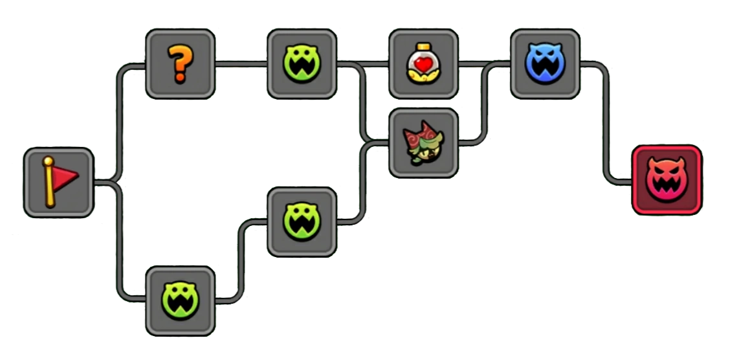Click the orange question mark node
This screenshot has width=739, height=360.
tap(180, 64)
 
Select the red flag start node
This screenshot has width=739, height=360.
tap(58, 182)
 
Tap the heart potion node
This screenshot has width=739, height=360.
tap(423, 64)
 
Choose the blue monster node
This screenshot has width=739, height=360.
tap(545, 64)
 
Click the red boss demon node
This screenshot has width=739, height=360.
tap(667, 180)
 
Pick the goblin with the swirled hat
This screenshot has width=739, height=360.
tap(423, 143)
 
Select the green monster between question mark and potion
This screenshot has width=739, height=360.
tap(302, 64)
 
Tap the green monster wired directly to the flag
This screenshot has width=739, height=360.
tap(180, 300)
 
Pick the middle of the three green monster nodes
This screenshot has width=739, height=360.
tap(302, 221)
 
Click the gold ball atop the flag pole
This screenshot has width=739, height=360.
tap(48, 161)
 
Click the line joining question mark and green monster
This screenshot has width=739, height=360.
tap(241, 64)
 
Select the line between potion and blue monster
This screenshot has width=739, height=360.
tap(484, 64)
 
